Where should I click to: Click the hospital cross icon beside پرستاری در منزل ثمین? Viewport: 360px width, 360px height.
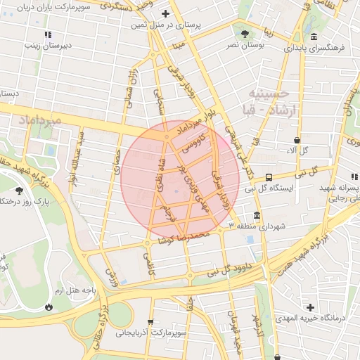click(165, 13)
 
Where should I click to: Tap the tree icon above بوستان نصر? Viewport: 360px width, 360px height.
click(244, 33)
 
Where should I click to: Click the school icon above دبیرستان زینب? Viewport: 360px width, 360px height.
click(47, 34)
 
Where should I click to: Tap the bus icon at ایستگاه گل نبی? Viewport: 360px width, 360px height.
click(269, 177)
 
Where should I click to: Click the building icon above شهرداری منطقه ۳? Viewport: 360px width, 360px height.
click(257, 215)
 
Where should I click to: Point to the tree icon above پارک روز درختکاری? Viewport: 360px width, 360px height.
click(18, 190)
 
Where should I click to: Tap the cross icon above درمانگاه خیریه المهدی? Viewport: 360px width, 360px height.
click(310, 307)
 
